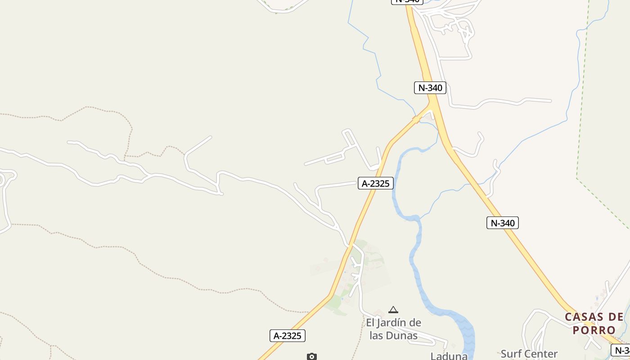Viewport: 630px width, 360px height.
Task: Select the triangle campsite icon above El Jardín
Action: tap(393, 310)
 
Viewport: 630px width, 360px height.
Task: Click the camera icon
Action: tap(311, 356)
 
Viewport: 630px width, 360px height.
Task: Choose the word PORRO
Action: tap(594, 330)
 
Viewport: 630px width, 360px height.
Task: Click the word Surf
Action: tap(512, 354)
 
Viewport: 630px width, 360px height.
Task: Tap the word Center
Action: tap(542, 354)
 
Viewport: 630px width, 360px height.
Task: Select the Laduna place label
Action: tap(449, 356)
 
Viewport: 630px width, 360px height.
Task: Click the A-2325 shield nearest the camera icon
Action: tap(288, 336)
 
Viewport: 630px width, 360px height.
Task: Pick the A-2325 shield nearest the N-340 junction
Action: tap(376, 183)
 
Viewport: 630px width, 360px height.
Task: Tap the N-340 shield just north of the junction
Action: tap(430, 88)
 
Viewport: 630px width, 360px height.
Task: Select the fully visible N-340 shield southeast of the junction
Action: tap(502, 223)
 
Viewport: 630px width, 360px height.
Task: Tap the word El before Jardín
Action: tap(370, 323)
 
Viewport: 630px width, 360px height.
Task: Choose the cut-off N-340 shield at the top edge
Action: tap(407, 1)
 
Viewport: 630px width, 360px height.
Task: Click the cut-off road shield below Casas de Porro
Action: tap(621, 350)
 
